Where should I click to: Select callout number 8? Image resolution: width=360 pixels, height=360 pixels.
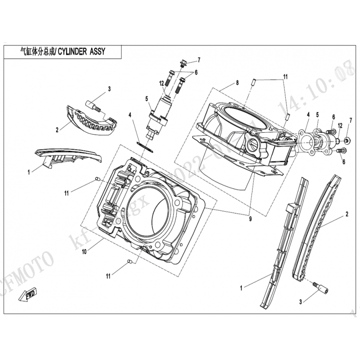point(236,84)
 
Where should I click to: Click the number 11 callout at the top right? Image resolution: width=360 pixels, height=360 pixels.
point(285,77)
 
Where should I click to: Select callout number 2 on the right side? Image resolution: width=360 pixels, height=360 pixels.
point(346,211)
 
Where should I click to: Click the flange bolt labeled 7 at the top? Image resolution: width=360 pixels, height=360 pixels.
point(183,64)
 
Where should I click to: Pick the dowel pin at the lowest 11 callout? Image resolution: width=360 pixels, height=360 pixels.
point(130,261)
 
